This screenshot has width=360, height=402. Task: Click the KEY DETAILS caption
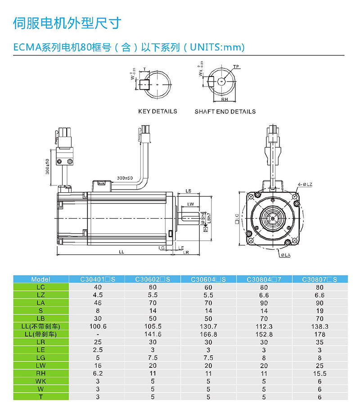157,111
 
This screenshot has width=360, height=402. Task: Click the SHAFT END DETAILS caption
225,112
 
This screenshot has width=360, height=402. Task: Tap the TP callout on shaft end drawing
236,67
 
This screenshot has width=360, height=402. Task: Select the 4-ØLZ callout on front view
305,185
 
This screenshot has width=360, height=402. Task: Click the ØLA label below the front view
285,255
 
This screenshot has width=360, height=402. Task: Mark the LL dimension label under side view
121,252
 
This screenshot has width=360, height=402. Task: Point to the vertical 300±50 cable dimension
48,167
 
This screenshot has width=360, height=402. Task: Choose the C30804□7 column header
264,279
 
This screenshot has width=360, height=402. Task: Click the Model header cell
41,279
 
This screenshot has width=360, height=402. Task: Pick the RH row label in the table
41,374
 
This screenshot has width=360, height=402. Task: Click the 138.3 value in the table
320,326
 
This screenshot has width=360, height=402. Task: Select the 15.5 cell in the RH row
320,374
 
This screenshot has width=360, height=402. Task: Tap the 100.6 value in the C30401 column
98,326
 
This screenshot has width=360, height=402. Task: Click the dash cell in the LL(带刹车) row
98,334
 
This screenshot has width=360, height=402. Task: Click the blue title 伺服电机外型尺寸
67,23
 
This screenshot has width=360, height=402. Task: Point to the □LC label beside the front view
237,219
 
